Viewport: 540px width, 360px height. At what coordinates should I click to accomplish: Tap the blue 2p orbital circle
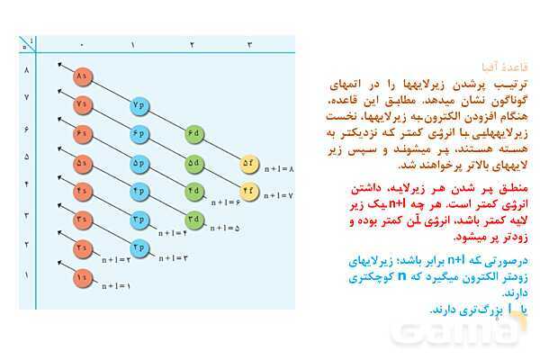[x=139, y=247]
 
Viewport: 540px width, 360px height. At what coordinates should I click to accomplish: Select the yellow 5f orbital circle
[x=249, y=163]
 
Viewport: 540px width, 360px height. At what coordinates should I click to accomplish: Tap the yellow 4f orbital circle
[x=249, y=191]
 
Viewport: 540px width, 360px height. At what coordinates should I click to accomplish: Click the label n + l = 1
[x=116, y=286]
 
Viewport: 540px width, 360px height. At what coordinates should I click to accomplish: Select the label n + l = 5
[x=225, y=229]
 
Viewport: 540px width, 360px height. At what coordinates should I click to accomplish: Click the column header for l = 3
[x=249, y=44]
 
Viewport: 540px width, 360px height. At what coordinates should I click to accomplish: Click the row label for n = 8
[x=26, y=70]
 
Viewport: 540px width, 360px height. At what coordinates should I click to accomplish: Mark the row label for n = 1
[x=26, y=275]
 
